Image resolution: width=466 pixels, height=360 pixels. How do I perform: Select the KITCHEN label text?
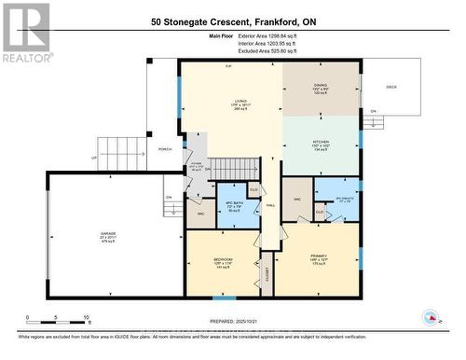coord(320,143)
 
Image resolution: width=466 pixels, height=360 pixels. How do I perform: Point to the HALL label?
coord(270,205)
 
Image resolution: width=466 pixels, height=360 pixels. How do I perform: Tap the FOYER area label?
coord(197,167)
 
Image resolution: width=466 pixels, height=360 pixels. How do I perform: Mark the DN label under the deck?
coord(374,111)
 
